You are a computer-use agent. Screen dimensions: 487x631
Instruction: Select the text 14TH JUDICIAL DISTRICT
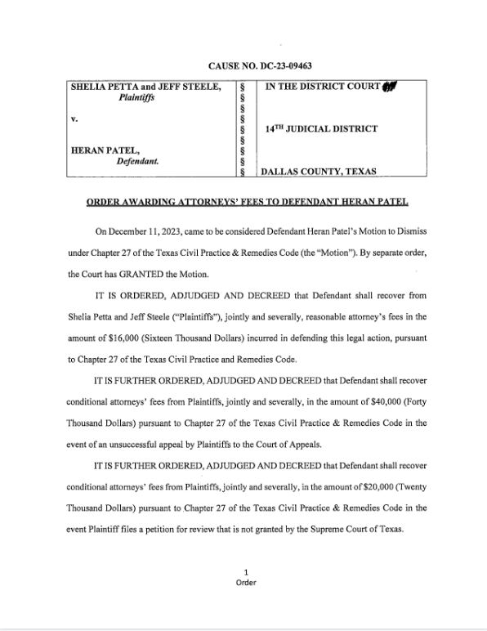point(322,129)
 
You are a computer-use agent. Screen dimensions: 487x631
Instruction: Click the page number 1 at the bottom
point(246,571)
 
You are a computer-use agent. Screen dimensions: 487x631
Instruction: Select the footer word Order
point(246,582)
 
